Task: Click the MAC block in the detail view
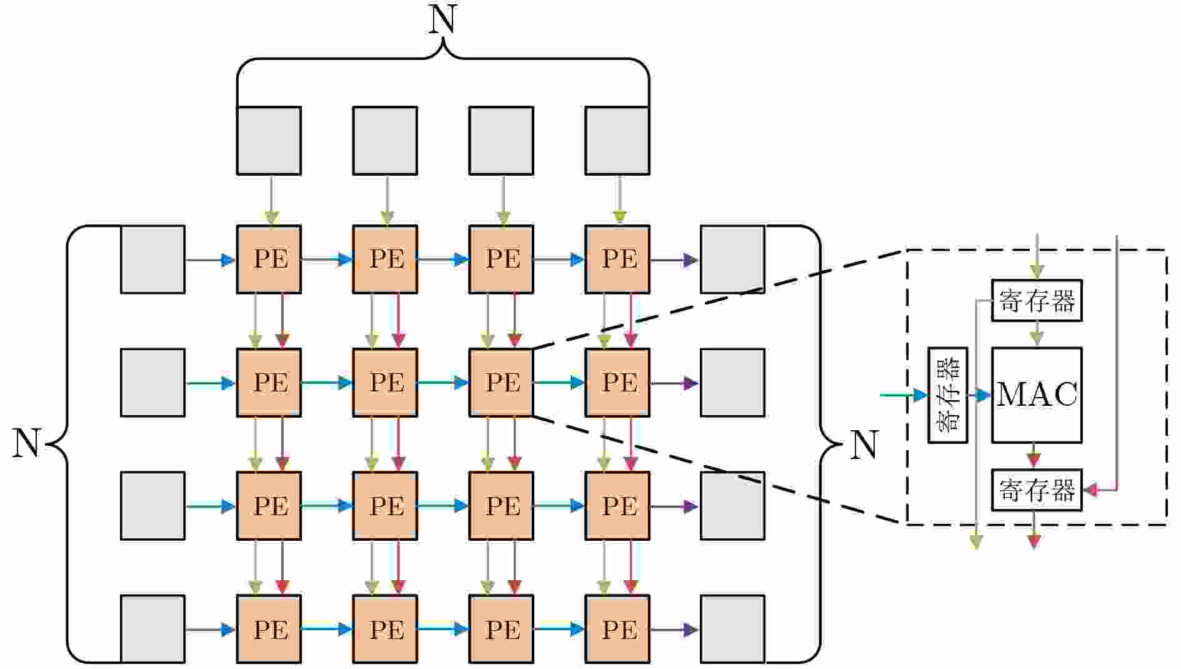1037,395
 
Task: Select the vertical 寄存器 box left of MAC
948,395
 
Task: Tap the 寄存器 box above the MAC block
1037,301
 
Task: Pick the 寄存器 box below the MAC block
1037,490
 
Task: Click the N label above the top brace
442,20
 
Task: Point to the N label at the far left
26,444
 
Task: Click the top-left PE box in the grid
269,259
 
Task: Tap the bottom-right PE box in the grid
617,629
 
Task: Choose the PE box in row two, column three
501,383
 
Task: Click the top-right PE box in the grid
617,259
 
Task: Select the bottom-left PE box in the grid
269,629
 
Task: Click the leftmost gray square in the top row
269,141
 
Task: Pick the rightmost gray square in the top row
617,141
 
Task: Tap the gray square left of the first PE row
152,259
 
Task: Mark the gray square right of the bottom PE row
732,629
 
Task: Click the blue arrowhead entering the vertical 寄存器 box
920,395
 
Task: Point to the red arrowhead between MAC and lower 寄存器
1034,460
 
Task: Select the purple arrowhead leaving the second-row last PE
690,383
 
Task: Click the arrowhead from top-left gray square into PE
271,218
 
